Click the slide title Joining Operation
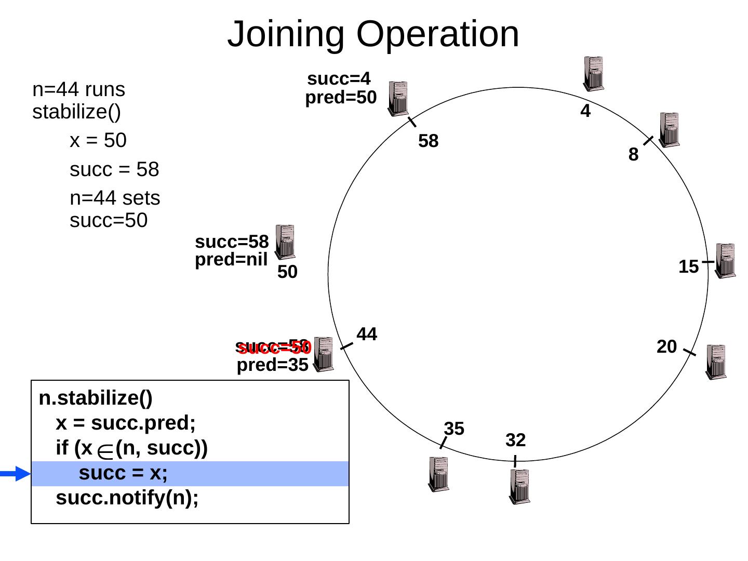point(373,34)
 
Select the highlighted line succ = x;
point(123,473)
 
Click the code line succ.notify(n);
point(127,498)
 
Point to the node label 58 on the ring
point(429,141)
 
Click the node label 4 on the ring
point(585,111)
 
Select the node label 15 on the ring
point(688,267)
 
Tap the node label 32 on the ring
point(516,440)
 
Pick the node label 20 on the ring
point(666,346)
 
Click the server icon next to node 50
point(285,242)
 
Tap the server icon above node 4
point(593,73)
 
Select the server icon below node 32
point(519,486)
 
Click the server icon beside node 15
point(726,261)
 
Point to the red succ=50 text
point(275,349)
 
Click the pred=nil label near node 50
point(231,260)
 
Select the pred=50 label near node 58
point(340,98)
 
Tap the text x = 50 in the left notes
point(98,140)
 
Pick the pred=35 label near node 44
point(273,366)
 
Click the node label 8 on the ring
point(633,155)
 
